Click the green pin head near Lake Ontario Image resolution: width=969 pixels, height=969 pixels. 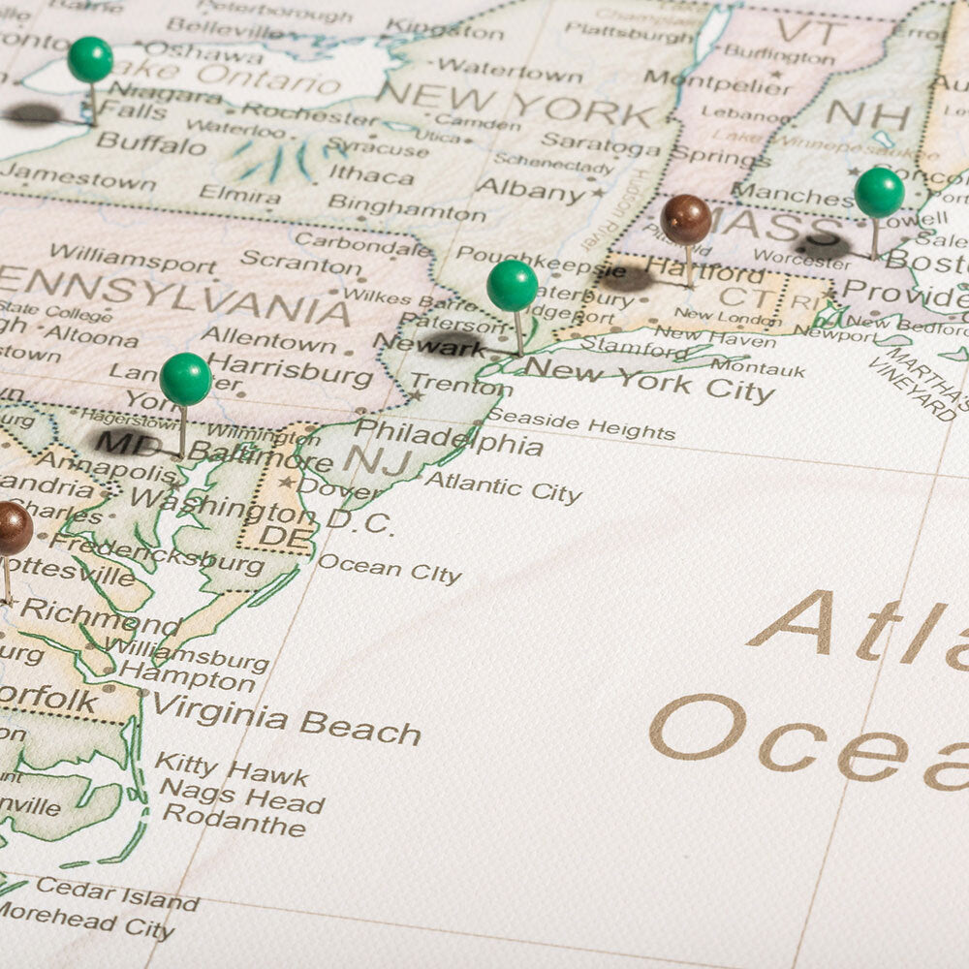coord(90,60)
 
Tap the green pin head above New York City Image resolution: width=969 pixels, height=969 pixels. coord(512,286)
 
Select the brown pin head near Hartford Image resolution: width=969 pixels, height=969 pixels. coord(686,220)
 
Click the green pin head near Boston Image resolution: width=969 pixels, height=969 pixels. coord(879,193)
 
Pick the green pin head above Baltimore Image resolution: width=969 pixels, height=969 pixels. coord(185,379)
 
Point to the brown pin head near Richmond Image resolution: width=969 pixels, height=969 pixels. coord(12,528)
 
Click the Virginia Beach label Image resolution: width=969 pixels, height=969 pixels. coord(286,718)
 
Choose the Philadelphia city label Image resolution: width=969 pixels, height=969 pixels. coord(448,437)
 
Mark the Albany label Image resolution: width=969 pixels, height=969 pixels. coord(533,188)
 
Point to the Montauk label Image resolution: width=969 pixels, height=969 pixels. coord(758,368)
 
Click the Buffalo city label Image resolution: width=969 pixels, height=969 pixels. coord(151,144)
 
